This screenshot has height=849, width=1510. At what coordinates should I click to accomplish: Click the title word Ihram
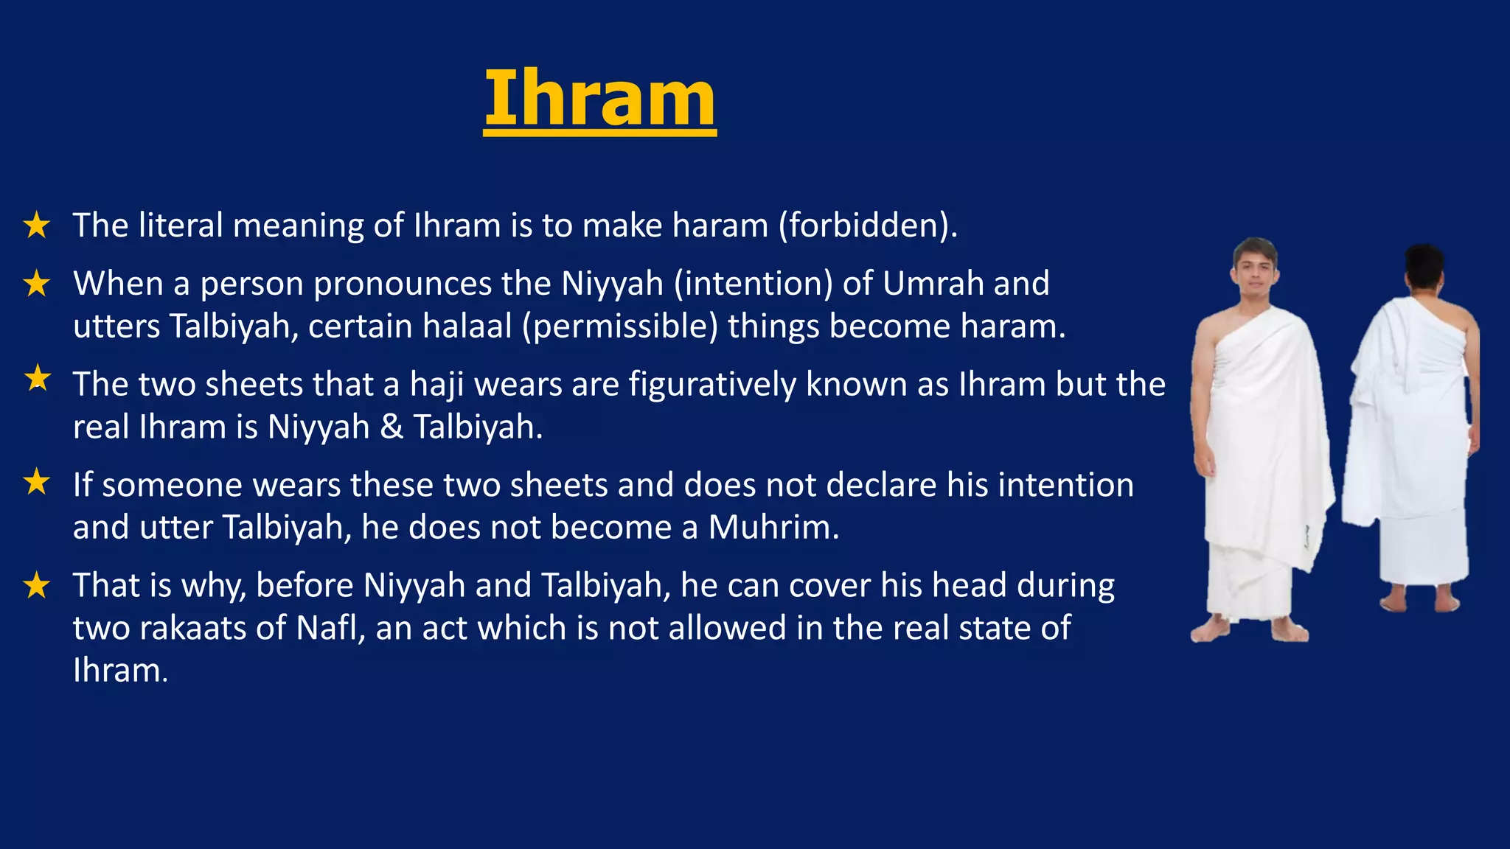click(599, 98)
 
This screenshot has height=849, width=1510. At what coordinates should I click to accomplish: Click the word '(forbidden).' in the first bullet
click(869, 226)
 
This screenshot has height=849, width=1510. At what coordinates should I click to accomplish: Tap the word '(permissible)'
click(619, 326)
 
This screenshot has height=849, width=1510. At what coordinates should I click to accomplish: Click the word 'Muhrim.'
click(773, 528)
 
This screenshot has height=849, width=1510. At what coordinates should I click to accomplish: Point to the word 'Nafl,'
click(331, 628)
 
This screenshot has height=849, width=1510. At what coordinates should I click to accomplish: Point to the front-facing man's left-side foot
click(1211, 630)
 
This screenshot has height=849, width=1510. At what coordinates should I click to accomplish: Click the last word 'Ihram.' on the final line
click(121, 671)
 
